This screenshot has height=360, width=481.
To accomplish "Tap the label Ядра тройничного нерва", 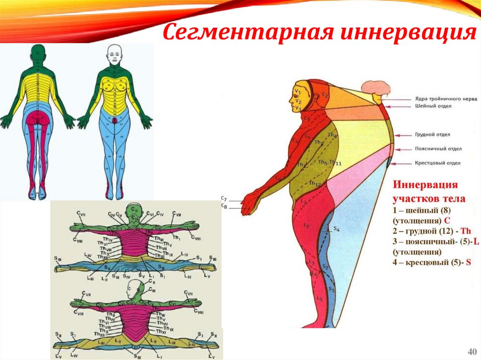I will [446, 99].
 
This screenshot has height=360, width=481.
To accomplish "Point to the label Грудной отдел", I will [432, 135].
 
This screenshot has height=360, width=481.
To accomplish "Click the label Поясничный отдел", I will [438, 149].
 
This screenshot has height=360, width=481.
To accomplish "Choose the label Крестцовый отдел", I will [437, 163].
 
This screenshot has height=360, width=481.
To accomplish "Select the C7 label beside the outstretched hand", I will [224, 199].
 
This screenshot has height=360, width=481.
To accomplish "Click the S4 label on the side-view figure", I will [336, 229].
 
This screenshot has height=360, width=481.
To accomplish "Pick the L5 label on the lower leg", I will [319, 298].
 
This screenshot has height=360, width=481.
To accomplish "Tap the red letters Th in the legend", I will [465, 231].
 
